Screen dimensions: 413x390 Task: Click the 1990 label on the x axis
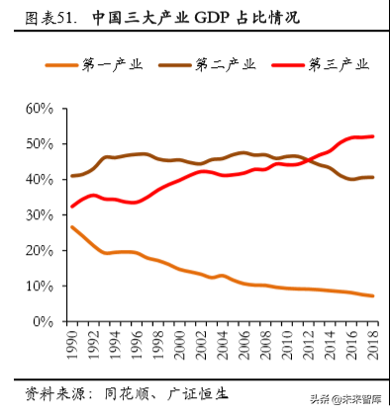[x=71, y=346]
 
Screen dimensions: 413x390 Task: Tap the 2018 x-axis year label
[x=372, y=346]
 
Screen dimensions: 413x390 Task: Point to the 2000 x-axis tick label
[x=179, y=346]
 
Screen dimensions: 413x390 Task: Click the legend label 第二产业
[x=227, y=64]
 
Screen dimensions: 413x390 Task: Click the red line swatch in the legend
[x=285, y=64]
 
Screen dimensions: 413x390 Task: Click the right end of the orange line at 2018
[x=372, y=295]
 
